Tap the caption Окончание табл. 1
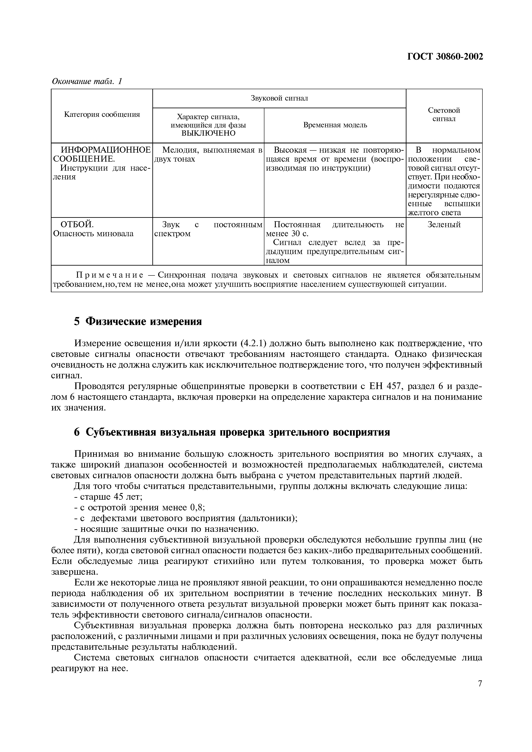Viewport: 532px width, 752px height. (x=87, y=81)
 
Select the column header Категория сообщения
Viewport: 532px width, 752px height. (x=102, y=114)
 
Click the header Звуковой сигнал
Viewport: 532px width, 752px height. (x=279, y=98)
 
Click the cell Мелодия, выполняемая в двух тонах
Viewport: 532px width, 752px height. (x=208, y=155)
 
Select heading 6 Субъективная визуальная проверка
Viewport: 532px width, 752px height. (x=232, y=432)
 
